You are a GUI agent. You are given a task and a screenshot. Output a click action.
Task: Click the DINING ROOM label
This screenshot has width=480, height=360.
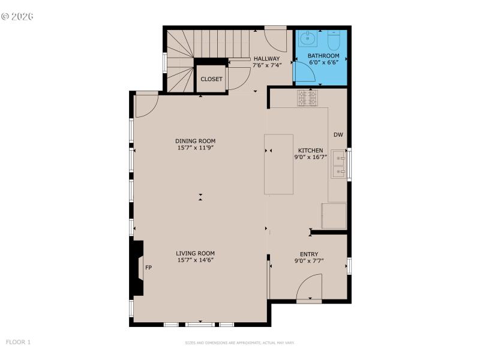click(x=196, y=141)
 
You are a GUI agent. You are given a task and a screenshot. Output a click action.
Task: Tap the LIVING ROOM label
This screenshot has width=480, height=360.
click(x=196, y=253)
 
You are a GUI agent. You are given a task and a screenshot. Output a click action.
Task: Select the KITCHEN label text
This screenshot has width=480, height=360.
click(x=311, y=151)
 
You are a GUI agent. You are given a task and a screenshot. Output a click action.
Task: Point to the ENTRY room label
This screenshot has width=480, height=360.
click(x=309, y=254)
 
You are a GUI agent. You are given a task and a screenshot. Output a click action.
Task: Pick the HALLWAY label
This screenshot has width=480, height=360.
click(x=266, y=59)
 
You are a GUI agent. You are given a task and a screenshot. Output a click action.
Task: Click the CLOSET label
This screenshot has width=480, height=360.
click(x=211, y=79)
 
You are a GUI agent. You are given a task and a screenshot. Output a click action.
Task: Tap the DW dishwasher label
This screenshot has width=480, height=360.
click(x=338, y=135)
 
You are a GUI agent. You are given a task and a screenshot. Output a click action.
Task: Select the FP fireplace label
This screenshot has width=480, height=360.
click(x=148, y=268)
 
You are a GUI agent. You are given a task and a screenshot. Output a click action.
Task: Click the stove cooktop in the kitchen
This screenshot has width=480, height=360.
click(x=307, y=98)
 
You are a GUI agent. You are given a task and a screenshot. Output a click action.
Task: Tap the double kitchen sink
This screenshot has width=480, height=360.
click(x=340, y=166)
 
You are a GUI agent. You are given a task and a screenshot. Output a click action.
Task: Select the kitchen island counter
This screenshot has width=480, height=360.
click(x=279, y=164)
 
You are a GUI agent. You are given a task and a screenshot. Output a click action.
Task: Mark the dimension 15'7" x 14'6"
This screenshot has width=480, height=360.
click(x=196, y=260)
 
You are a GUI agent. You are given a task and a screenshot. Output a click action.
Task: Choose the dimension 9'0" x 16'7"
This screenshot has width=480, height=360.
click(x=311, y=157)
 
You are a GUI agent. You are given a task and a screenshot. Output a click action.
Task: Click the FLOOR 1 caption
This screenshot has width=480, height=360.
click(x=18, y=342)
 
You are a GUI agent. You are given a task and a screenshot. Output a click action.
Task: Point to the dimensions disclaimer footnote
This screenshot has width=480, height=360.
click(x=239, y=343)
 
